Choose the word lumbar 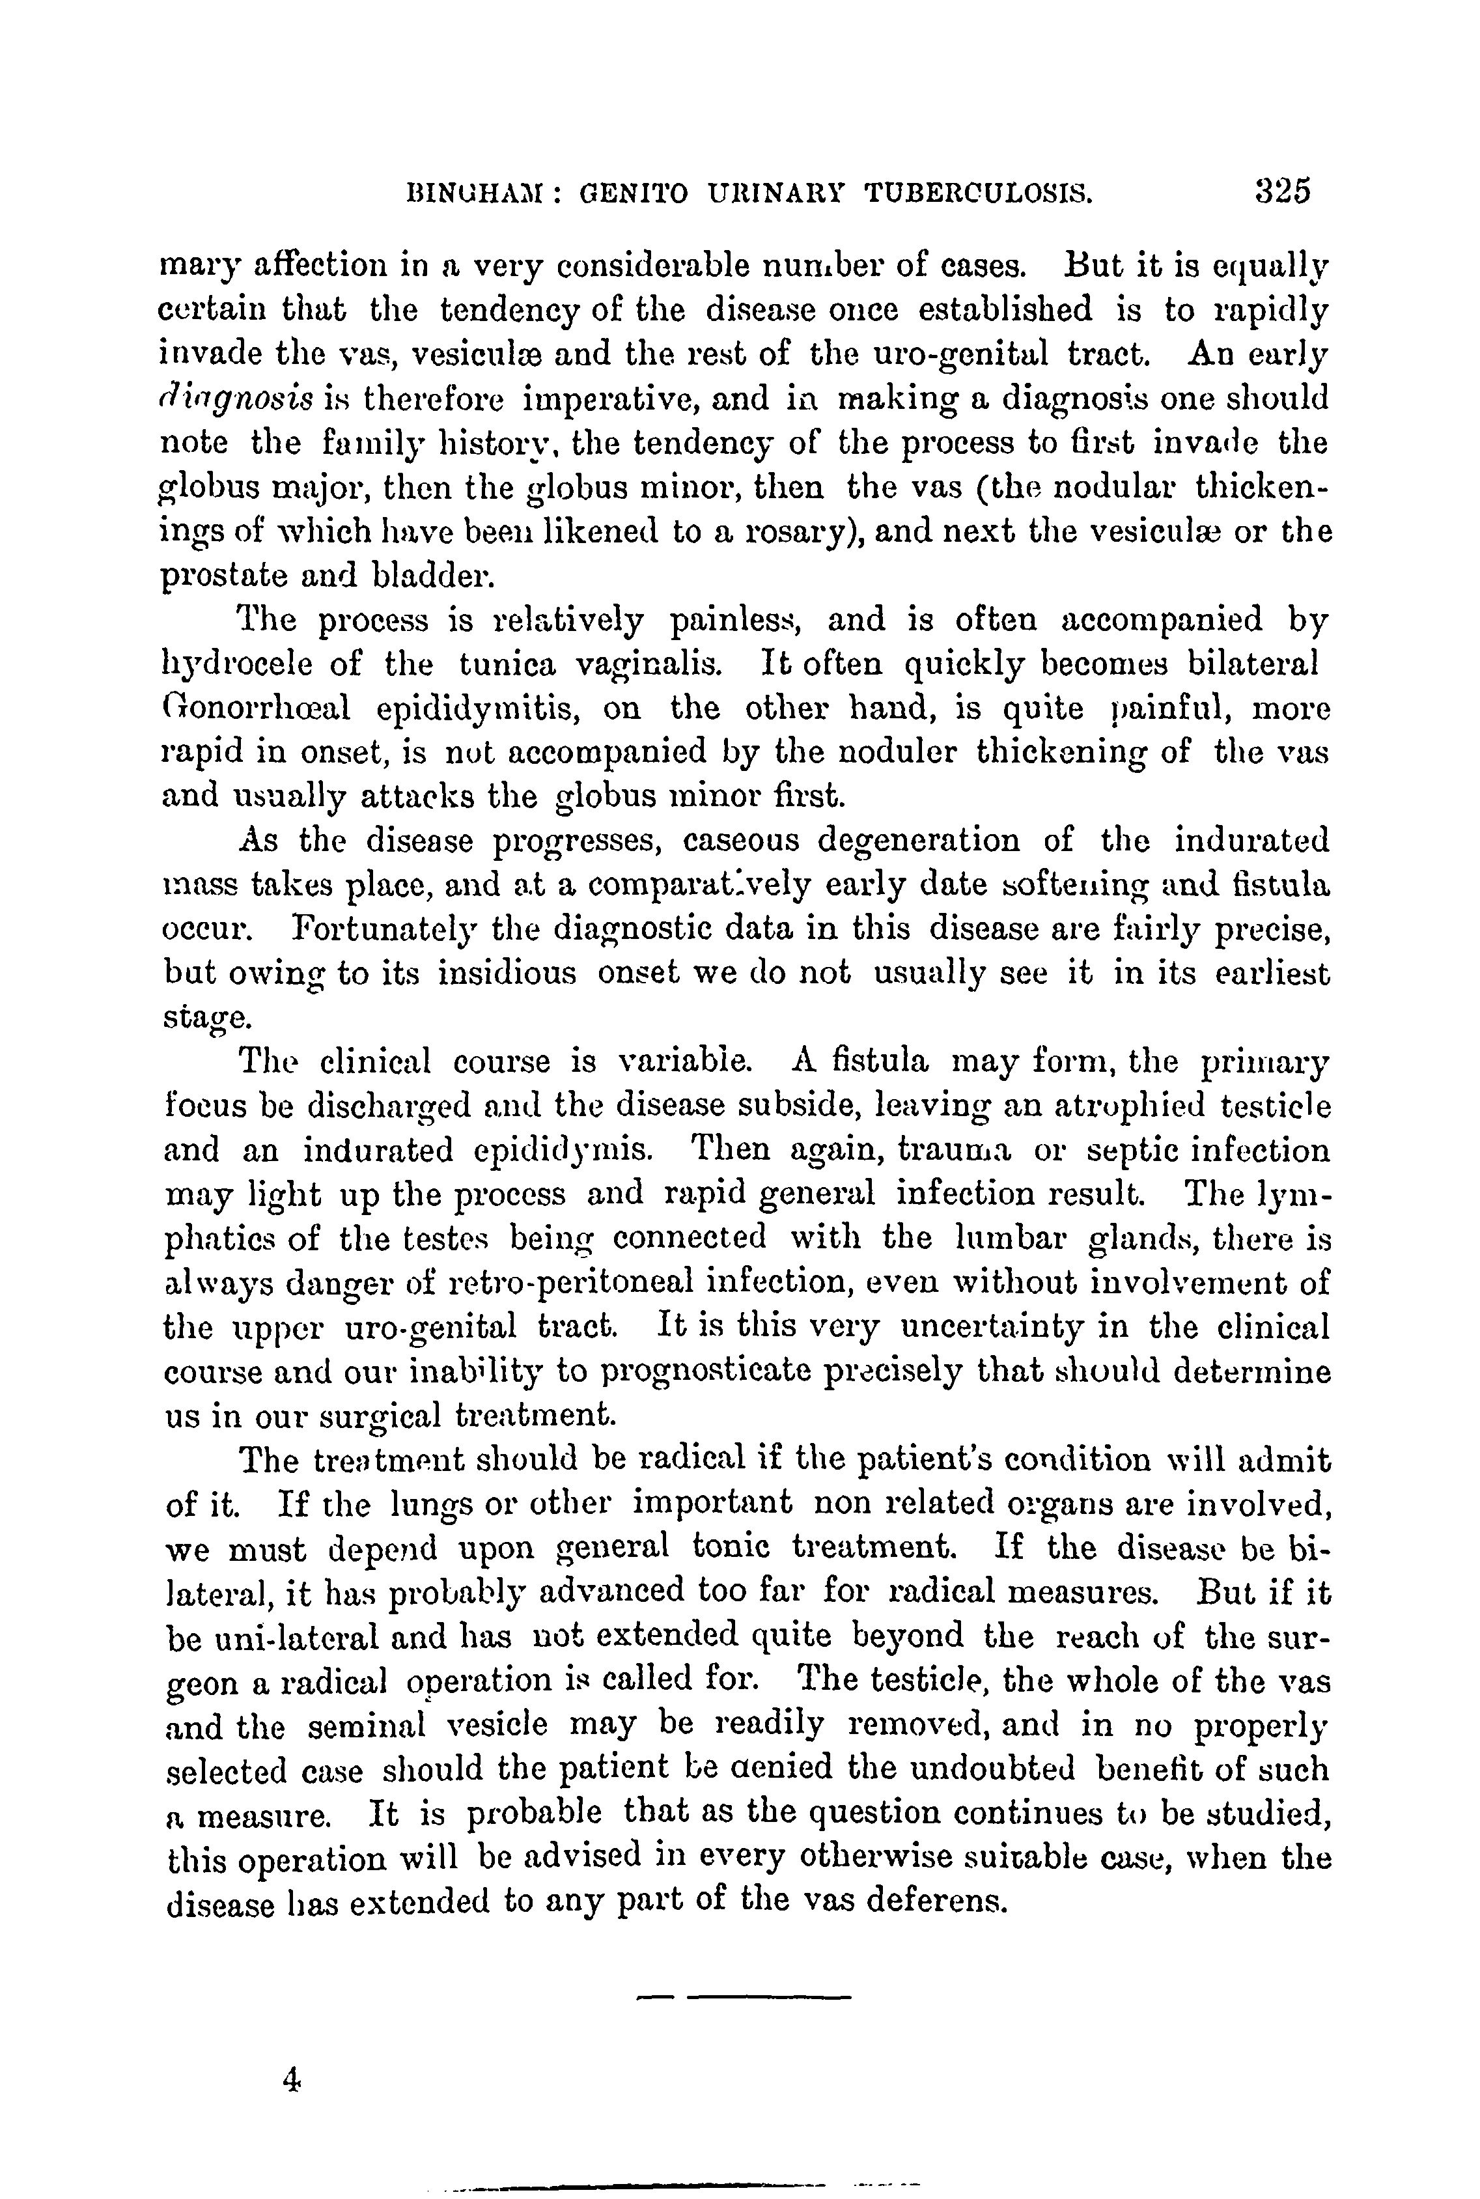pos(1010,1237)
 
